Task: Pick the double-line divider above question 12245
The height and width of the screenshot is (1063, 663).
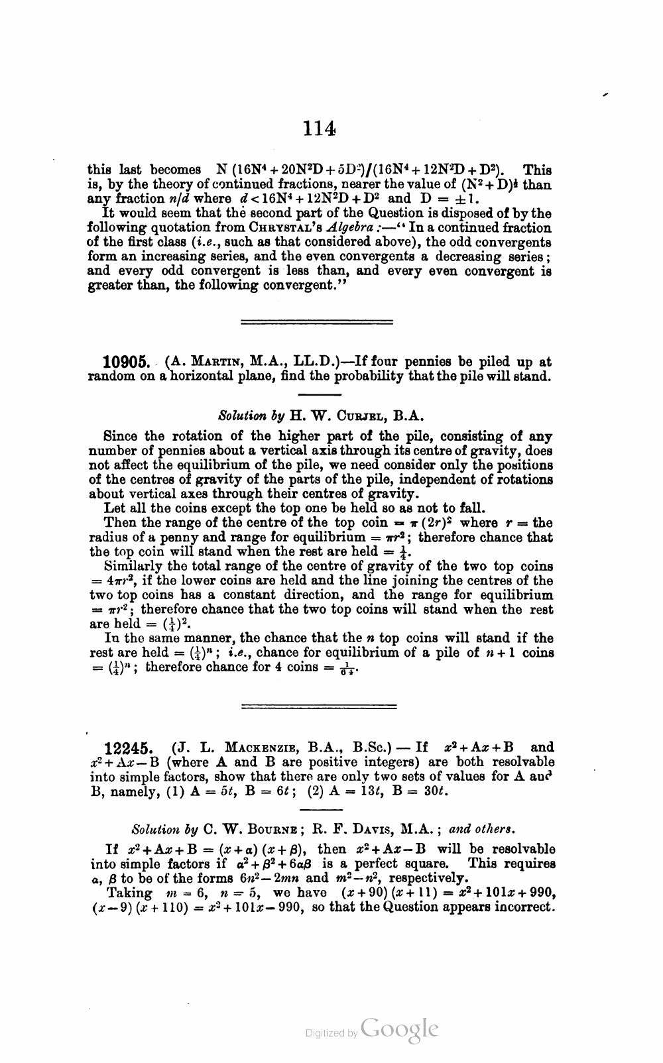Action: (x=316, y=706)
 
